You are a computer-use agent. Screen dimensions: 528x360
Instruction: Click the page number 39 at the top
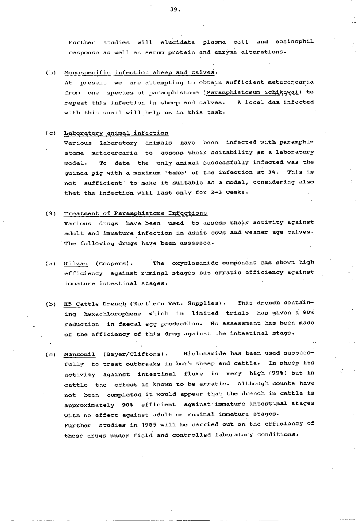coord(174,10)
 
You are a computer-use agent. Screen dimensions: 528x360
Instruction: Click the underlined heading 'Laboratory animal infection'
coord(116,133)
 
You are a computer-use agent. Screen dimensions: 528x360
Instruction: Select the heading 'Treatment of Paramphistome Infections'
coord(135,213)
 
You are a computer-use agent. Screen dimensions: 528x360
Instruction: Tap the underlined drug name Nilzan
coord(76,263)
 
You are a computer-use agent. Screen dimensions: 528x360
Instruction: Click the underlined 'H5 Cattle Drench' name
coord(95,304)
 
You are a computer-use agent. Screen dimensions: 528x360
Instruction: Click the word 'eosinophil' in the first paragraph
coord(294,42)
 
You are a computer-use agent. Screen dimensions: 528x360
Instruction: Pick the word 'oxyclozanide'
coord(195,263)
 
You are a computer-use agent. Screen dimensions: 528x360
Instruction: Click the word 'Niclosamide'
coord(204,353)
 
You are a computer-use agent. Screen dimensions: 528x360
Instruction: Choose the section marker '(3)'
coord(51,213)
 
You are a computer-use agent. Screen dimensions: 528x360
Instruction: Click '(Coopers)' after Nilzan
coord(114,263)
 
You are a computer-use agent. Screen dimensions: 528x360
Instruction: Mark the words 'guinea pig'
coord(80,173)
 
